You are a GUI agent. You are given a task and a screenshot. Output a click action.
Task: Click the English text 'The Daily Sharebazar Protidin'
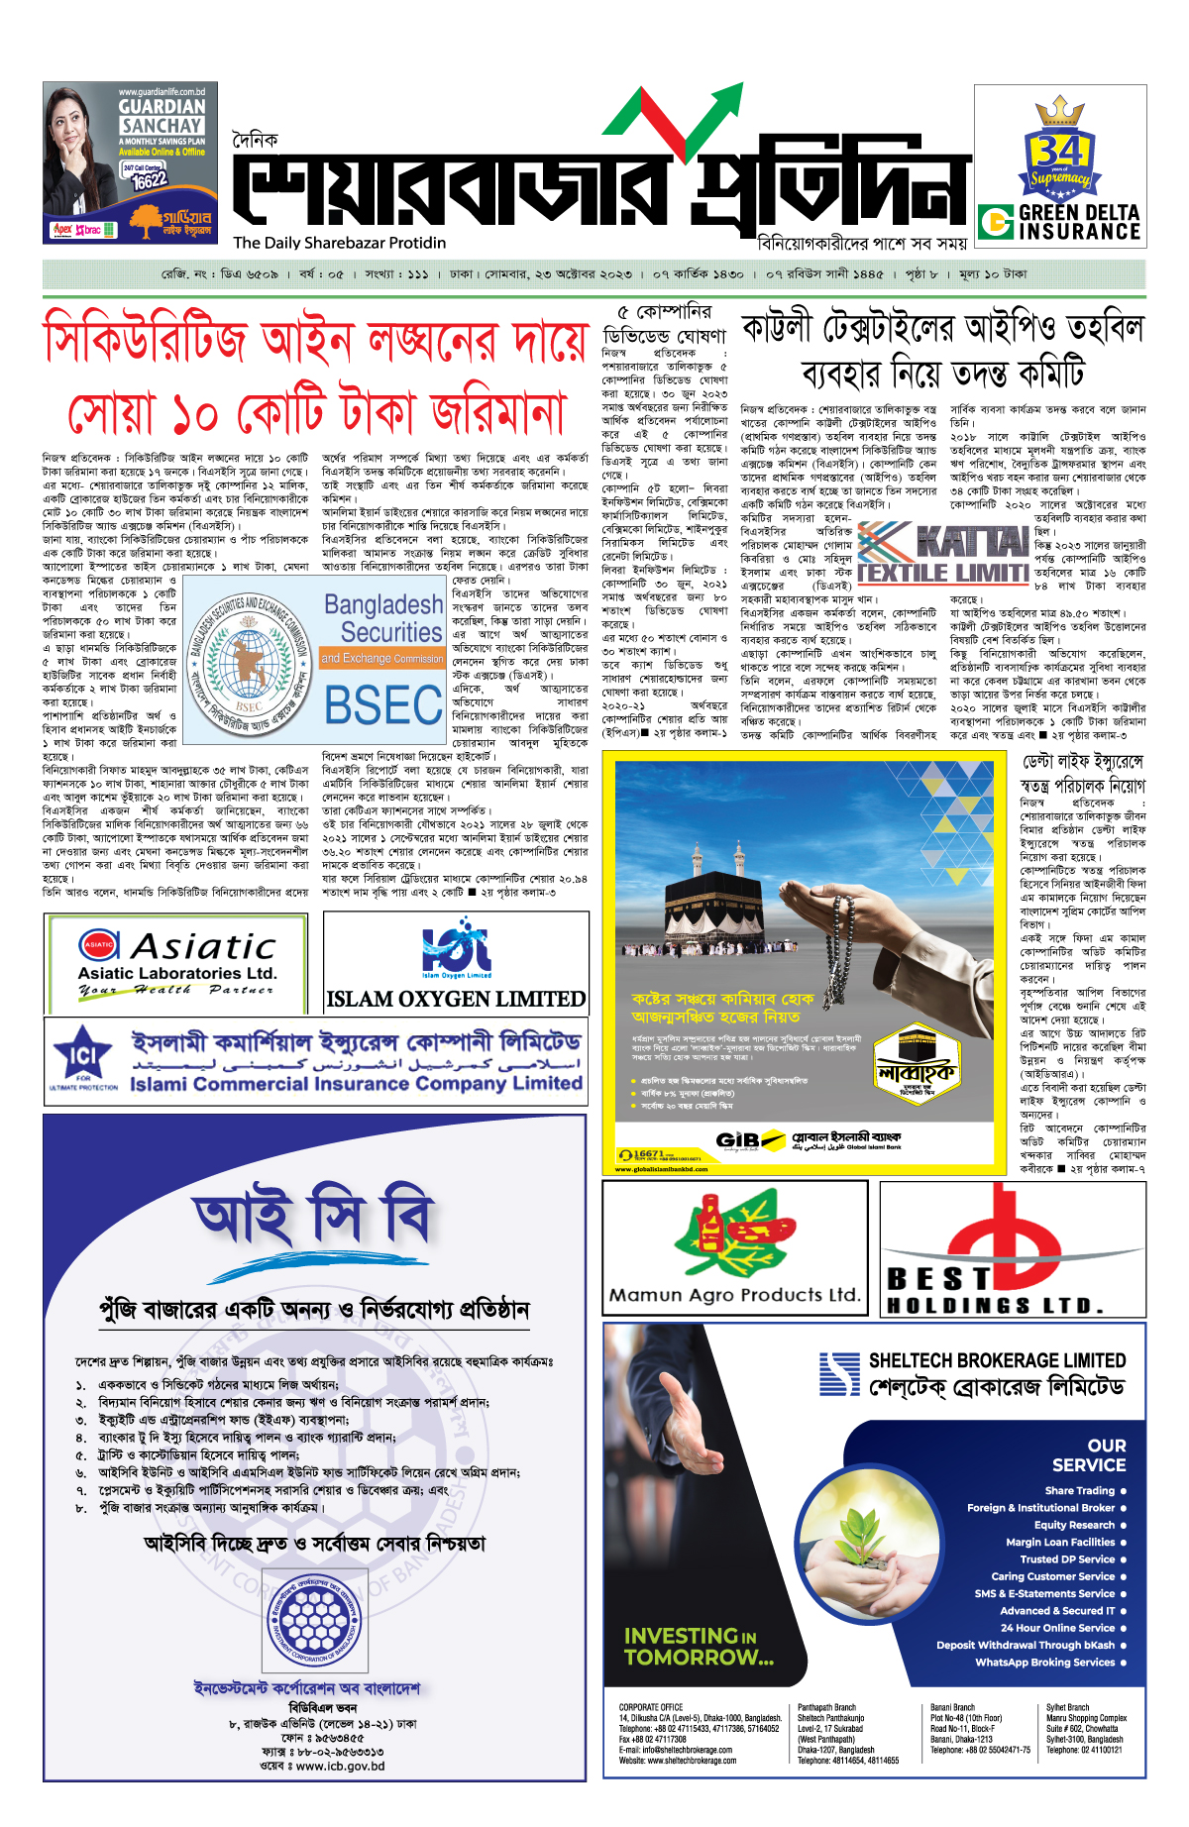point(339,243)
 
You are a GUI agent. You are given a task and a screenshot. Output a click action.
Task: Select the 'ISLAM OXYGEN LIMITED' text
point(456,999)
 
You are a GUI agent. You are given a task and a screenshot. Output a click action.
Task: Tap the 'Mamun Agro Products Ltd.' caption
point(734,1294)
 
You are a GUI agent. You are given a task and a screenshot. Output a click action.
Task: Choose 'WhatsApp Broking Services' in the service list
point(1044,1662)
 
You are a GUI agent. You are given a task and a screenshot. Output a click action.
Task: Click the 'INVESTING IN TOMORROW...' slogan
point(699,1646)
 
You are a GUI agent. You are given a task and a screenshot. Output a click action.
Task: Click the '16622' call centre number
point(149,180)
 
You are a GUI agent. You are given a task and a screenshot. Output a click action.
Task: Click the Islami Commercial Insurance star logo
point(83,1056)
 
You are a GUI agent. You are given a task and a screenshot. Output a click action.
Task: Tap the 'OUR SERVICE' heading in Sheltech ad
point(1089,1455)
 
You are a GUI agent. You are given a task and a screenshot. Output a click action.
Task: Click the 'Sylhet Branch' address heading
point(1067,1707)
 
